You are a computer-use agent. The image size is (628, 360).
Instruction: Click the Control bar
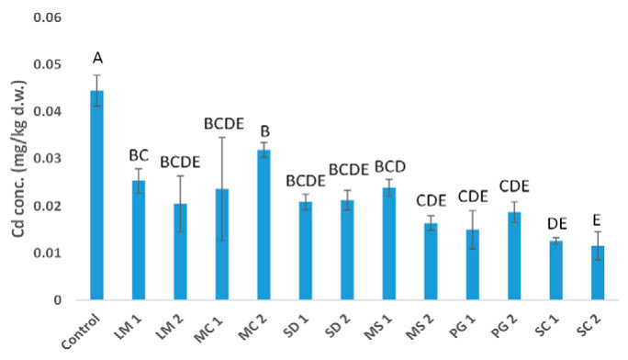pyautogui.click(x=97, y=195)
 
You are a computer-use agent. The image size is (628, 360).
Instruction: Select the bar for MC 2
pyautogui.click(x=264, y=225)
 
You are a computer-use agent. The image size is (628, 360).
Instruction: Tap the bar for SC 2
pyautogui.click(x=598, y=273)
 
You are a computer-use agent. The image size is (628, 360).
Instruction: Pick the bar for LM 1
pyautogui.click(x=139, y=241)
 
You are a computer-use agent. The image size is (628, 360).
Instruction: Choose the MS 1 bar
pyautogui.click(x=389, y=244)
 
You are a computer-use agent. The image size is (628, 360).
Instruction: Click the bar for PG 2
pyautogui.click(x=514, y=256)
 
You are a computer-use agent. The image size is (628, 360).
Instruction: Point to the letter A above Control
pyautogui.click(x=97, y=59)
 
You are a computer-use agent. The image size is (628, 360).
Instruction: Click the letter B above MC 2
pyautogui.click(x=265, y=131)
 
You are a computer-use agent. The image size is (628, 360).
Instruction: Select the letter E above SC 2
pyautogui.click(x=597, y=220)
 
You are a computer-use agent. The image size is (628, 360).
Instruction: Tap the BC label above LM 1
pyautogui.click(x=139, y=155)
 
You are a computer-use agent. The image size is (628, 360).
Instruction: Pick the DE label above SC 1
pyautogui.click(x=557, y=224)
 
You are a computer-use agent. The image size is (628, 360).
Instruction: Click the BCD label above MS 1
pyautogui.click(x=390, y=166)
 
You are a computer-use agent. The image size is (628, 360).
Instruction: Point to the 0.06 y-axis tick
pyautogui.click(x=47, y=17)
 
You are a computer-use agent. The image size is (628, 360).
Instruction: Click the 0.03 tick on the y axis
pyautogui.click(x=47, y=159)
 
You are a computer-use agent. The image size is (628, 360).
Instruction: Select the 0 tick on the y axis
pyautogui.click(x=58, y=300)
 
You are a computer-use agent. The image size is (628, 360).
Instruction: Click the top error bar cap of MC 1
pyautogui.click(x=222, y=138)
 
